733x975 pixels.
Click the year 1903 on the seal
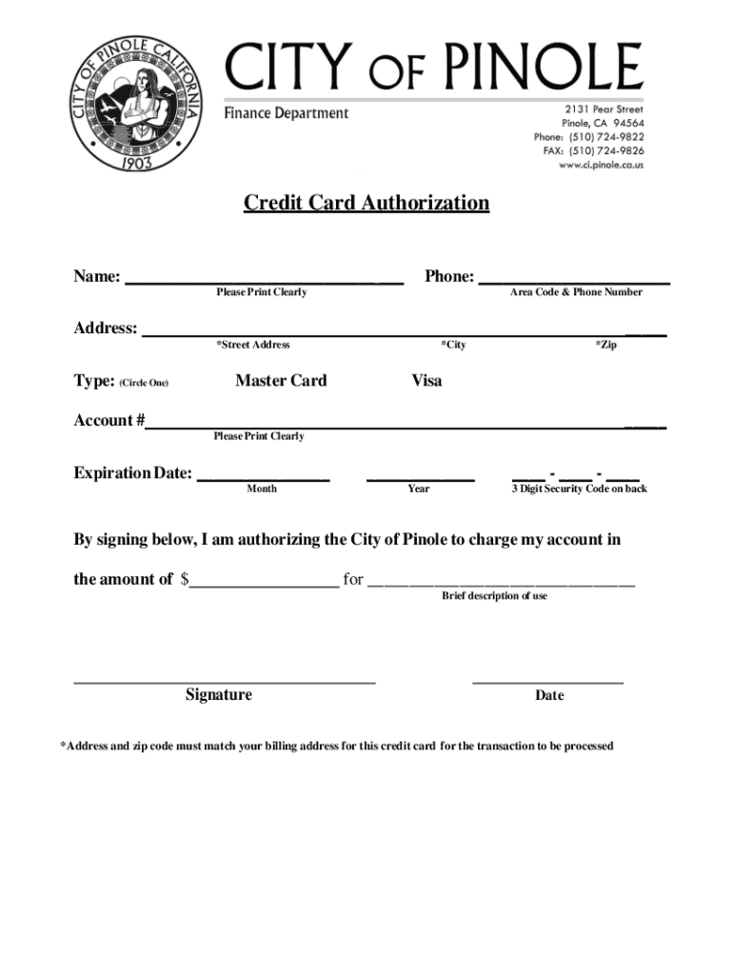[136, 163]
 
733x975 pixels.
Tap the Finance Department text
[287, 113]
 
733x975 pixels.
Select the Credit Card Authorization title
[366, 203]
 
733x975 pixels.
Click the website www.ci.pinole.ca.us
[601, 165]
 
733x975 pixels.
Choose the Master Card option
[281, 381]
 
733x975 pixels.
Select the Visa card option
[426, 381]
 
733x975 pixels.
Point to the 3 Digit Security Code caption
[579, 489]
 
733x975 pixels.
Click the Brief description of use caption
[494, 596]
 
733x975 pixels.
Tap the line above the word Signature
[225, 681]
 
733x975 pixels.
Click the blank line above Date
[547, 681]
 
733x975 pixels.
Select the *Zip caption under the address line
[605, 345]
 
